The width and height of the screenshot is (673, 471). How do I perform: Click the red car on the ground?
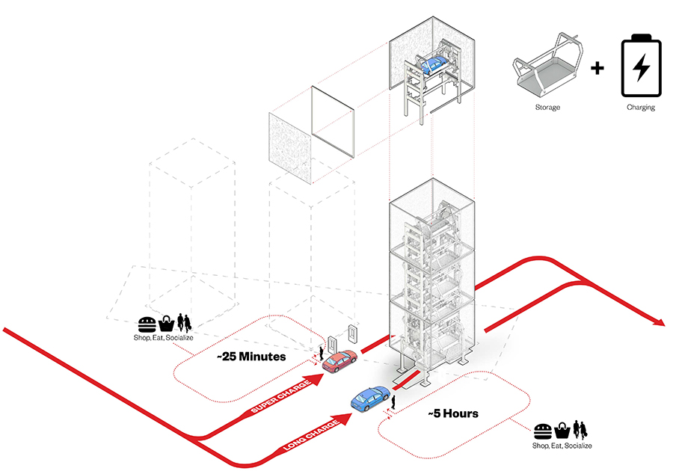click(339, 362)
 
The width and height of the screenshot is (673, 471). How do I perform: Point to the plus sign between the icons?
click(597, 70)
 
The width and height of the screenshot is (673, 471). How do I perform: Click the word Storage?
click(547, 108)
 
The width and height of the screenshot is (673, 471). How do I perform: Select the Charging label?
click(641, 108)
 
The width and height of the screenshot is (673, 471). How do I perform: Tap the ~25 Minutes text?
click(251, 357)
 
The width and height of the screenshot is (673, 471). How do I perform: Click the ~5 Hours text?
click(453, 413)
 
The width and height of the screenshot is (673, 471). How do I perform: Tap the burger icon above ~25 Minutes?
click(147, 324)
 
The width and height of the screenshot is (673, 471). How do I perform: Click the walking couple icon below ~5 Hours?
click(580, 431)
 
